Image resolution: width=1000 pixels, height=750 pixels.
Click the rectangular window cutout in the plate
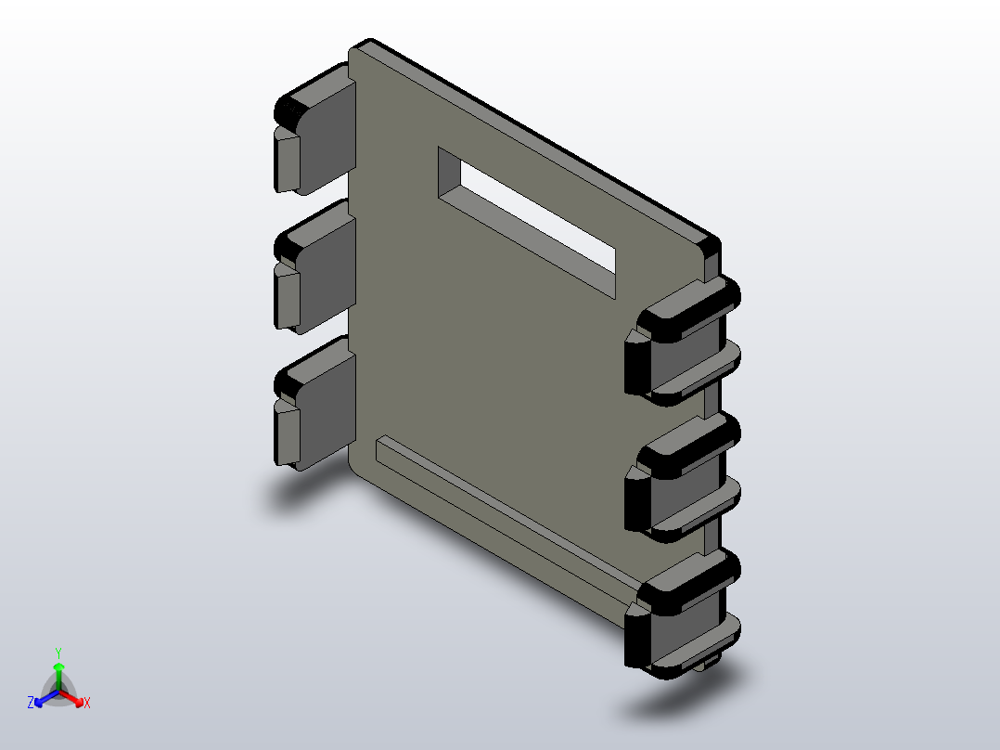[527, 222]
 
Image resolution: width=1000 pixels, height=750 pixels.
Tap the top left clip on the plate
[314, 130]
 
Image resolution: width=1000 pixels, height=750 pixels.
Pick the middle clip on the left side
[314, 266]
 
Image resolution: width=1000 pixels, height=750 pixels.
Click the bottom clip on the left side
[314, 404]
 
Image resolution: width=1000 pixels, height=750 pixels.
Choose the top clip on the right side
[683, 342]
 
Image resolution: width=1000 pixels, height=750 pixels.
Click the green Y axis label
[58, 653]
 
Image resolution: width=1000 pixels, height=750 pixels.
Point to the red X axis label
[87, 703]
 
